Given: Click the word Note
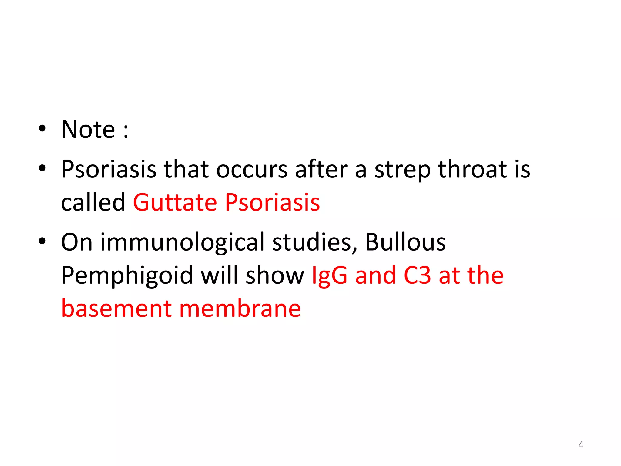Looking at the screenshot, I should [88, 130].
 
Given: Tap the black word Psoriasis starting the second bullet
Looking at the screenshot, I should [109, 169].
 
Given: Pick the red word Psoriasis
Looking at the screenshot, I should [272, 202].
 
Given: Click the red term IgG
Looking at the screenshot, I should [329, 276].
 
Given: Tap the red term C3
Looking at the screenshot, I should [417, 275].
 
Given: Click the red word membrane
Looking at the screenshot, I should [240, 309].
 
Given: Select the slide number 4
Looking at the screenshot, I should [581, 444].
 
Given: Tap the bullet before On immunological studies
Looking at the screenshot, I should [42, 241].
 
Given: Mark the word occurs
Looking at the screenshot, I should [252, 169].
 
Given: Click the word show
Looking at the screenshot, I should [275, 275].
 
